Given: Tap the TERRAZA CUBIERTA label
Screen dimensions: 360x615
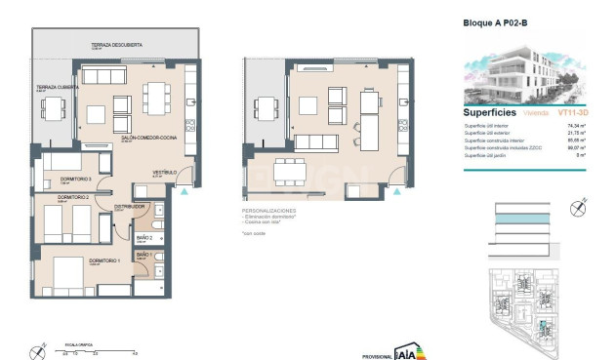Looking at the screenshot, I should (x=59, y=88).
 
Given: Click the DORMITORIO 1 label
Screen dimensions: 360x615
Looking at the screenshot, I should (x=102, y=260).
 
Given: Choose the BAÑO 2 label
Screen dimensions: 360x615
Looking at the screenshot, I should (x=143, y=236).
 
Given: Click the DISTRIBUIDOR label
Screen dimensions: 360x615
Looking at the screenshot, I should (x=130, y=207).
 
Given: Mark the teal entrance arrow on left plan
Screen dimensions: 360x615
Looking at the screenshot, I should (x=185, y=191).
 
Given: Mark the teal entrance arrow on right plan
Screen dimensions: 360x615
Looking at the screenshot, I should (x=394, y=191).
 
